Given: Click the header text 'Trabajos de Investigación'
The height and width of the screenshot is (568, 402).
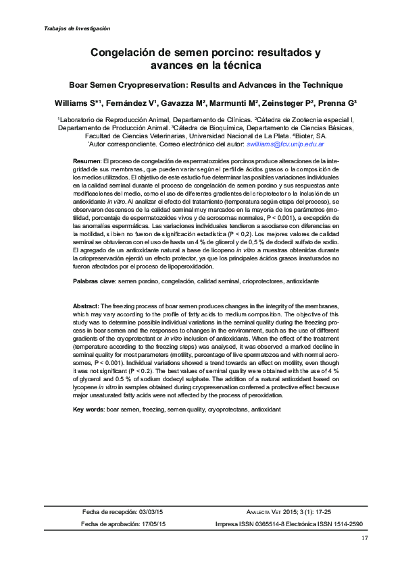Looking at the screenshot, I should (76, 28).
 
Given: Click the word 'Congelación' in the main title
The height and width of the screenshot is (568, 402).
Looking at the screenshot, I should (124, 52).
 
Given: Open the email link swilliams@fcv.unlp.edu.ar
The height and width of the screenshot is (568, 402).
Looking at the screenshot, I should (286, 144).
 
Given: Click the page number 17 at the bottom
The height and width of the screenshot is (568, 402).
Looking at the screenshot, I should (365, 538).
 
